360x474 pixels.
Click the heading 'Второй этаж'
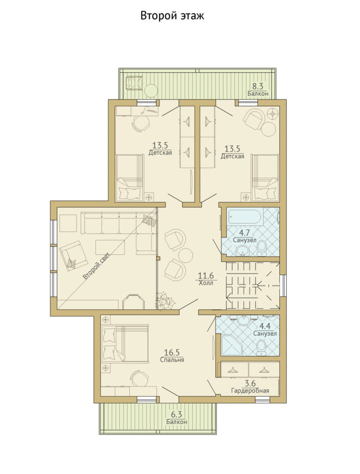coord(172,16)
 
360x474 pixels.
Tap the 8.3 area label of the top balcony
coord(258,87)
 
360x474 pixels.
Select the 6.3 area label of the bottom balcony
coord(176,414)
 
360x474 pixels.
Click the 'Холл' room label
coord(206,283)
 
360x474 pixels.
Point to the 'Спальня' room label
coord(172,360)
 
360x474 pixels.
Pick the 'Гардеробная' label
coord(250,391)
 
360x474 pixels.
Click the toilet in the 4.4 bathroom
coord(261,347)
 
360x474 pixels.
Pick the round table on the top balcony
coord(150,90)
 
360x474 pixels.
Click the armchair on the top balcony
coord(134,83)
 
